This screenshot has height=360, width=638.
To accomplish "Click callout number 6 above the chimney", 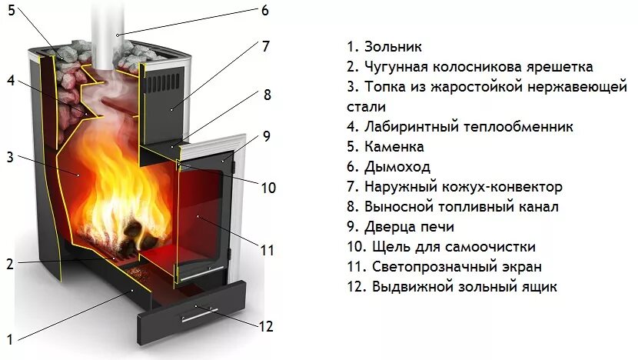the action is (264, 11).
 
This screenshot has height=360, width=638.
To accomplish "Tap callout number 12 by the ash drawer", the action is (265, 326).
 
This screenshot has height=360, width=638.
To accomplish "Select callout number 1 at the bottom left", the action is (10, 339).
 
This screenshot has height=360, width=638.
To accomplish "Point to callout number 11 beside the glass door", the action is (267, 250).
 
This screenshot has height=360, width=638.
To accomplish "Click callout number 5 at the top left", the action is (11, 11).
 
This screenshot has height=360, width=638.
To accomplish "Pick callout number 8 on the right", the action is (267, 95).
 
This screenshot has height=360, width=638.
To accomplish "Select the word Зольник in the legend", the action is (394, 48).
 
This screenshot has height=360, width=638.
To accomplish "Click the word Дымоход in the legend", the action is (397, 167).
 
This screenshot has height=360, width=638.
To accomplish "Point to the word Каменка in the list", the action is (396, 147).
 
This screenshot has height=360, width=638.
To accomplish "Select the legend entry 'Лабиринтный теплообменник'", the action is (459, 127).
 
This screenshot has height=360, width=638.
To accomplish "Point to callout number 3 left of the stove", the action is (10, 157).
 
